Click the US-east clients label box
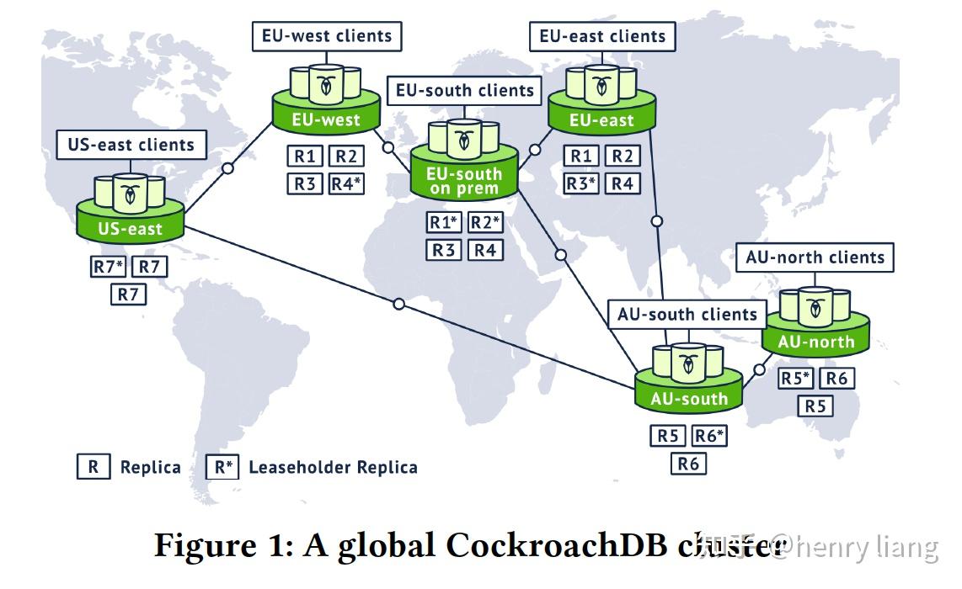[x=131, y=145]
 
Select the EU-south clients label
[x=465, y=91]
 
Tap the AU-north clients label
[x=815, y=257]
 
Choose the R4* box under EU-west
[x=345, y=183]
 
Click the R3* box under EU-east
[x=580, y=183]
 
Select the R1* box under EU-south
[x=444, y=223]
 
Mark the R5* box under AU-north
[x=795, y=379]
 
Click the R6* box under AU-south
[x=708, y=436]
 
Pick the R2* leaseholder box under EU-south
[x=484, y=223]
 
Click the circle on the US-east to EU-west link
[x=227, y=168]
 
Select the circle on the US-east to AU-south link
[x=399, y=304]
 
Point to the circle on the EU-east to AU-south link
[x=657, y=221]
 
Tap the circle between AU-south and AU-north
[x=759, y=369]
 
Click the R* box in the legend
[x=222, y=467]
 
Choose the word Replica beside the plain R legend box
[x=150, y=468]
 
